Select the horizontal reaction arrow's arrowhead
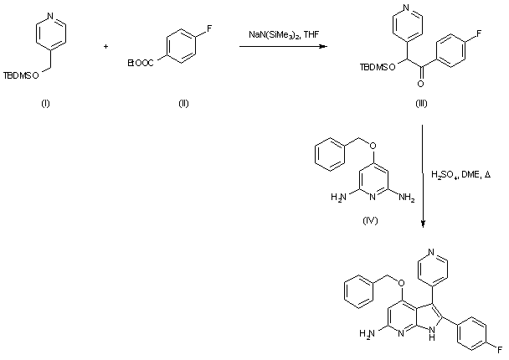(322, 46)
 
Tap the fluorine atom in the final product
(499, 347)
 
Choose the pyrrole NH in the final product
(434, 340)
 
